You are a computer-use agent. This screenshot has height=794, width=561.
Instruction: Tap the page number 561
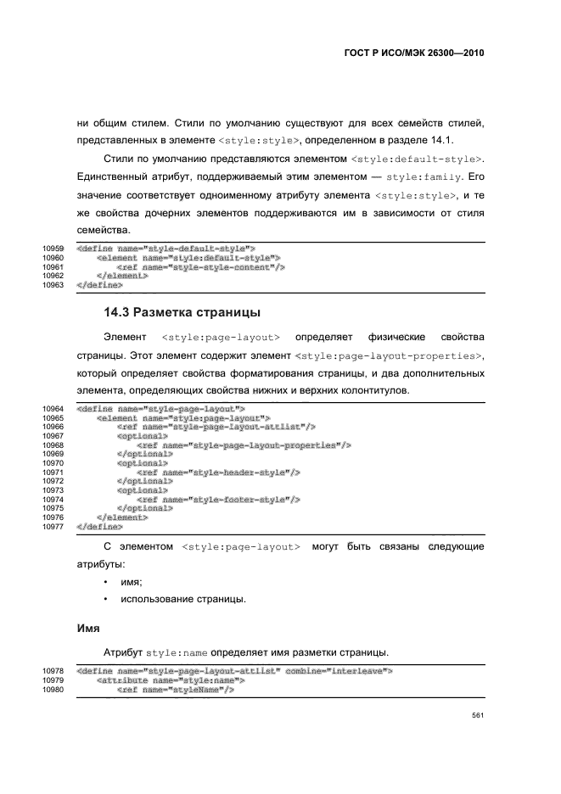pos(478,716)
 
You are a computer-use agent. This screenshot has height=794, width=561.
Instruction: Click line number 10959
pos(53,249)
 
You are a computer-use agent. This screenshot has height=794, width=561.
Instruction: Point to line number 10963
pos(53,285)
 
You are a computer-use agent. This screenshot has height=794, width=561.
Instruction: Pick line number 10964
pos(53,408)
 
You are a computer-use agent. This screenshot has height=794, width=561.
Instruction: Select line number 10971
pos(53,472)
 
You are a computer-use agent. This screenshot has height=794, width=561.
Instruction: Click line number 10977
pos(53,526)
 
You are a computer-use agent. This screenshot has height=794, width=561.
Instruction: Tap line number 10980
pos(53,689)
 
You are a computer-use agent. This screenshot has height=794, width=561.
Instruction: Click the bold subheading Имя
pos(89,629)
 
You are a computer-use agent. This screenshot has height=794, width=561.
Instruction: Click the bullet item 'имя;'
pos(131,582)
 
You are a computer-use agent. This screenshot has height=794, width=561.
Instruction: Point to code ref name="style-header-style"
pos(218,472)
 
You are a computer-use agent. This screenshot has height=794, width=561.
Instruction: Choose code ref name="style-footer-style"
pos(218,500)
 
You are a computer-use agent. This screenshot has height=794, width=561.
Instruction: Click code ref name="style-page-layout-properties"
pos(244,445)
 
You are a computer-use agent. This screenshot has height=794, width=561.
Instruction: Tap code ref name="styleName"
pos(175,689)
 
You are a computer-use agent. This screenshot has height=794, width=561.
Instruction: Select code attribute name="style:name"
pos(171,679)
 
